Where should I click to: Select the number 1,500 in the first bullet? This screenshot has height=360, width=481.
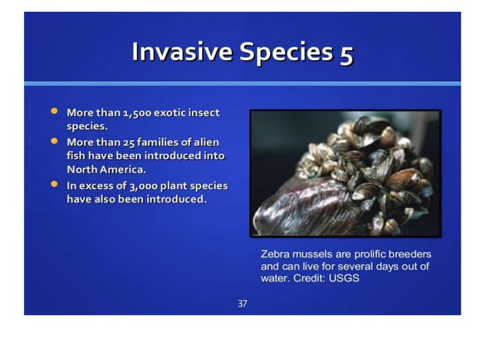coord(133,113)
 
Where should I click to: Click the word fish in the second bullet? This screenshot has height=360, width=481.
coord(78,155)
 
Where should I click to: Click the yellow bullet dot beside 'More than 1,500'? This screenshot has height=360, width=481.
coord(54,111)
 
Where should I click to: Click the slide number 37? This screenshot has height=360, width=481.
coord(242,304)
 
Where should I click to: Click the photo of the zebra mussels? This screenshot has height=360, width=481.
coord(345,173)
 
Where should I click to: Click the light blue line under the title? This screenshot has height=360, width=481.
coord(241,83)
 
